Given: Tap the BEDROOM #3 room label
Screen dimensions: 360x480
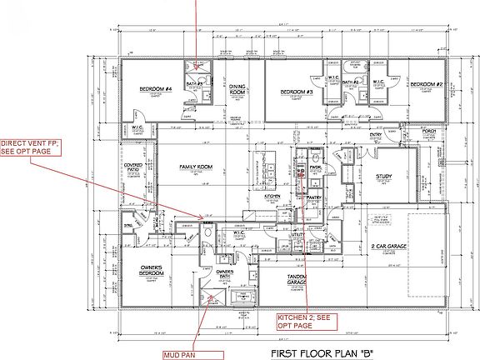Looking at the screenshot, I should point(296,91).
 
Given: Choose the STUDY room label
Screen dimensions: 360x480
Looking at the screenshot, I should point(383,176).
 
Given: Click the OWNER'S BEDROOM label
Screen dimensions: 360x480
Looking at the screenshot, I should point(145,270).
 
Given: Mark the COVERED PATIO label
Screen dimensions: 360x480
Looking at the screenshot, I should point(132,169).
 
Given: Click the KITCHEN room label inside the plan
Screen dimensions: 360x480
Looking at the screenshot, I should point(272,197).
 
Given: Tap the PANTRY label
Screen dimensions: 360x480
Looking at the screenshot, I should point(313,197).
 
